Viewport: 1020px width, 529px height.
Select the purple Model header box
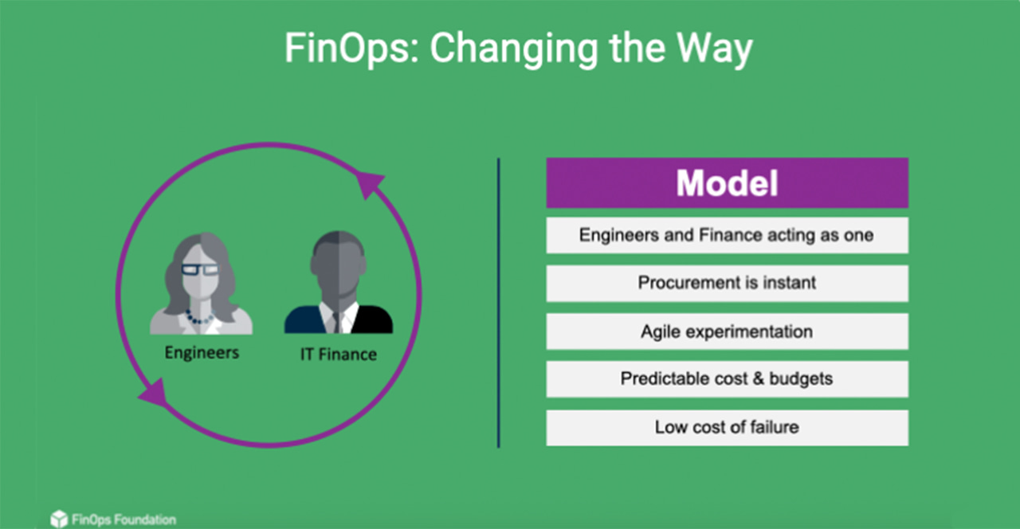click(x=727, y=183)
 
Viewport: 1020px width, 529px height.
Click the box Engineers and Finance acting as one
click(x=727, y=236)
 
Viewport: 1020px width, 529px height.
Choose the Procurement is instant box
click(x=727, y=283)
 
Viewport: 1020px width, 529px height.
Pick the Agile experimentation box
click(x=727, y=331)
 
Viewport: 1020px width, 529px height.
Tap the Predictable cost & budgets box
click(x=727, y=379)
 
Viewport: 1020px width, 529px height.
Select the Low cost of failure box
click(x=727, y=428)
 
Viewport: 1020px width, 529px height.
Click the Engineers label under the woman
click(x=202, y=351)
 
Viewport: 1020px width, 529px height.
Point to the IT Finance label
click(x=338, y=354)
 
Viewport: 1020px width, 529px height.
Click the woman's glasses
click(x=199, y=269)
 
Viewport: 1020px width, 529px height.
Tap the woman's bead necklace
click(x=199, y=318)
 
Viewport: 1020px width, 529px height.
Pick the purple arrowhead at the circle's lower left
click(x=154, y=392)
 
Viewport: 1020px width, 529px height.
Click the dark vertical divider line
click(x=499, y=303)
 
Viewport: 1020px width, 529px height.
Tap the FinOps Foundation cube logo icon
click(x=58, y=519)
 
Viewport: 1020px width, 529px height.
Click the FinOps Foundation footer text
click(x=124, y=520)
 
